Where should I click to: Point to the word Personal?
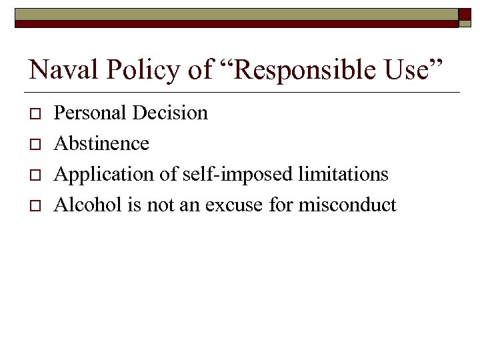click(91, 113)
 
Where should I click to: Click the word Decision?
click(170, 113)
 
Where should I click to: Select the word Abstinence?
click(101, 143)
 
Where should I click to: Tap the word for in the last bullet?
click(281, 205)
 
